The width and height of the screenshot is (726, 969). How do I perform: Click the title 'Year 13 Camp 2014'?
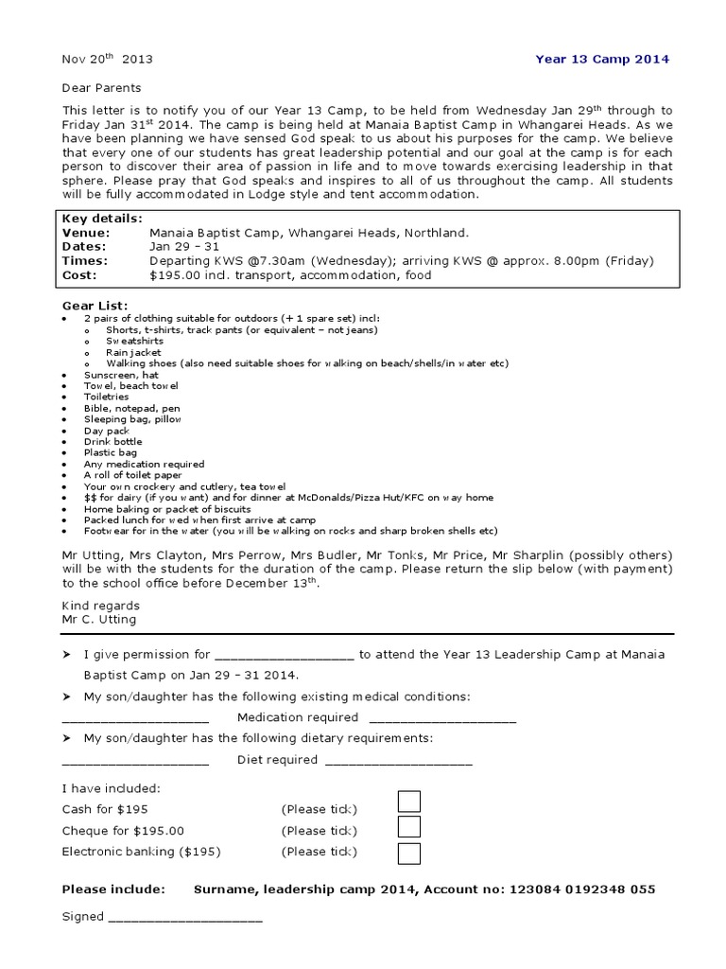coord(602,59)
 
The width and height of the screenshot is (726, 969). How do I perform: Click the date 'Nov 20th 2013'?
coord(107,59)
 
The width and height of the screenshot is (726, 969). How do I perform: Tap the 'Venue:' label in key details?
coord(86,232)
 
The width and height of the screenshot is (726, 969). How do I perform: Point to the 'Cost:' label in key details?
coord(80,274)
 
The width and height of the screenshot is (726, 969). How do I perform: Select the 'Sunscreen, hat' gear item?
coord(123,375)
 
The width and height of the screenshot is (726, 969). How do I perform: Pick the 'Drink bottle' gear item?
coord(112,442)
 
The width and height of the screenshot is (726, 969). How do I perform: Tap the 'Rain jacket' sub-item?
coord(133,352)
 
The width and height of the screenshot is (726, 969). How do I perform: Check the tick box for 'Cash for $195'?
coord(408,802)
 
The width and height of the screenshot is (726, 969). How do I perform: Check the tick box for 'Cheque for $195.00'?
coord(408,828)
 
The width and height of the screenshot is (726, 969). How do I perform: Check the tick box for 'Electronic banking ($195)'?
coord(408,853)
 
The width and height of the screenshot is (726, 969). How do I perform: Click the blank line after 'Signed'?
coord(186,919)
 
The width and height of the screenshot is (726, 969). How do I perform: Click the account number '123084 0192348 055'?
coord(582,890)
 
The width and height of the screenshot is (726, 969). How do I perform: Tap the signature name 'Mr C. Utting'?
coord(99,620)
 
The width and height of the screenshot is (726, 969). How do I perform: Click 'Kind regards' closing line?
coord(100,606)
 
